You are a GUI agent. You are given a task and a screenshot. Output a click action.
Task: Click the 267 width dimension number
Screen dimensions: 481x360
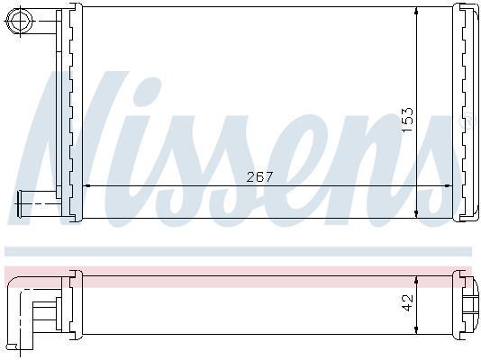259,176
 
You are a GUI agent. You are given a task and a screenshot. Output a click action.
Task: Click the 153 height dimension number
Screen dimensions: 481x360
408,120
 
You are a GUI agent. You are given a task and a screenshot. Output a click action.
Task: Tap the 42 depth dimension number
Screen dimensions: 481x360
408,302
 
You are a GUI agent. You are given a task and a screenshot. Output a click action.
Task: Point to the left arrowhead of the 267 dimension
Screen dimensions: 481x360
86,185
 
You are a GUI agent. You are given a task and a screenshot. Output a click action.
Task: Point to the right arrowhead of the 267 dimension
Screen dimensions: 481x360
449,185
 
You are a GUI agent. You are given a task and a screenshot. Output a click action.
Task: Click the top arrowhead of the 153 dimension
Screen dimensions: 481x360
416,11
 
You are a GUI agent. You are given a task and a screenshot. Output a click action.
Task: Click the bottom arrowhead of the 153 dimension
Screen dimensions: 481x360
416,214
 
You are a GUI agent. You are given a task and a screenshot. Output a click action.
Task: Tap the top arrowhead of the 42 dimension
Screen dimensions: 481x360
416,280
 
